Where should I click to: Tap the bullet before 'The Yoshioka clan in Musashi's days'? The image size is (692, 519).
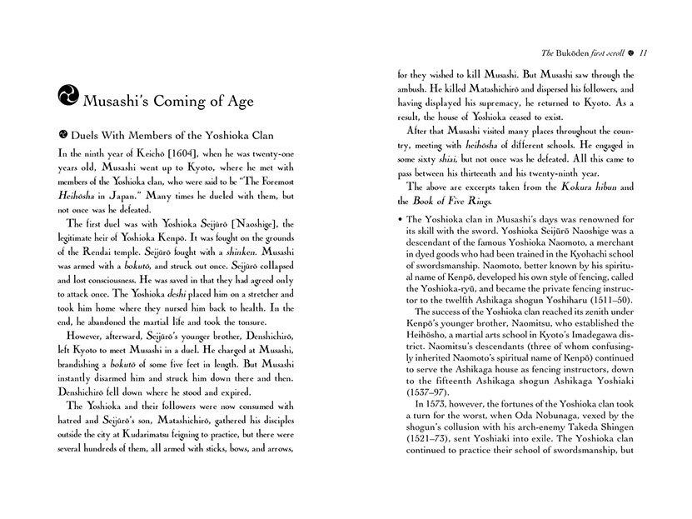[401, 219]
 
